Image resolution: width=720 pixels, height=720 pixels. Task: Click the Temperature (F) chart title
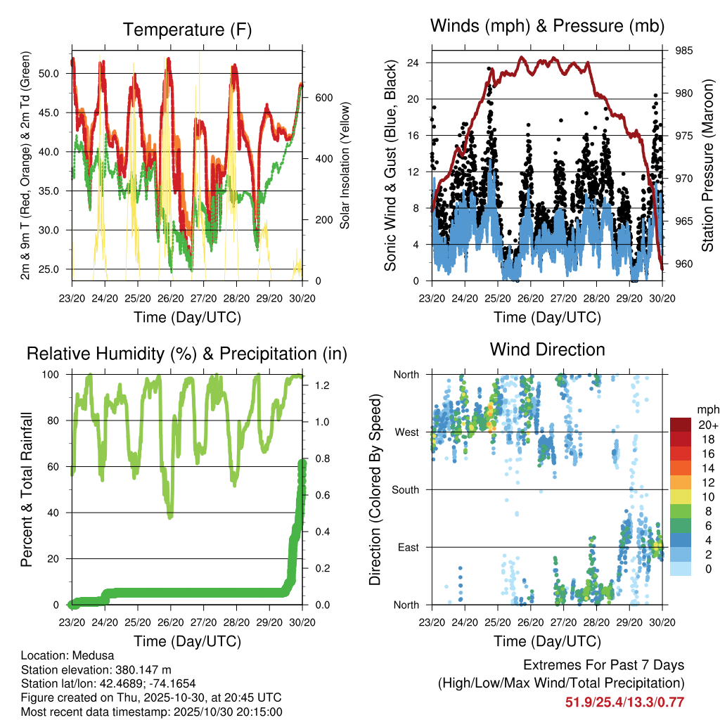(x=187, y=30)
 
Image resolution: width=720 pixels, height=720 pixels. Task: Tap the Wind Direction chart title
(x=547, y=349)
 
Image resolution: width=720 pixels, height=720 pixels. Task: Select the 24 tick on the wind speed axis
(x=413, y=63)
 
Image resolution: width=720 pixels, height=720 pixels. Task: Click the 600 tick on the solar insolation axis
(x=323, y=98)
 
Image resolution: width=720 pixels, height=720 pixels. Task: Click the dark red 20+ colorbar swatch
(x=680, y=425)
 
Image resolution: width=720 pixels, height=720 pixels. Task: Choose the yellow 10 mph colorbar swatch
(x=680, y=497)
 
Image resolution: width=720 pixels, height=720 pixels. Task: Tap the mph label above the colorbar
(x=705, y=410)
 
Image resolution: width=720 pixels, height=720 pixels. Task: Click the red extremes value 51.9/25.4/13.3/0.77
(x=625, y=702)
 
